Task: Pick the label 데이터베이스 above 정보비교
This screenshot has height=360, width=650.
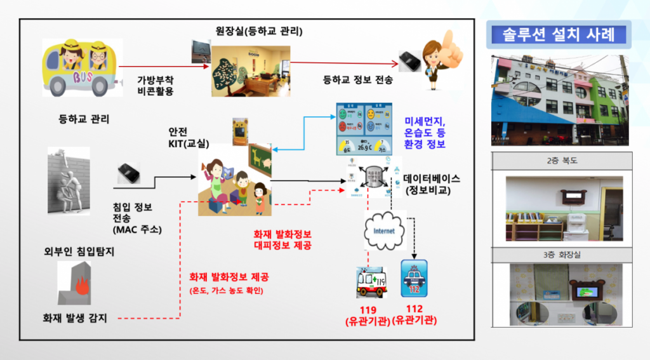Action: (431, 180)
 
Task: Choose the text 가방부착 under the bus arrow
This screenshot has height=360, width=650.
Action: (156, 79)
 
